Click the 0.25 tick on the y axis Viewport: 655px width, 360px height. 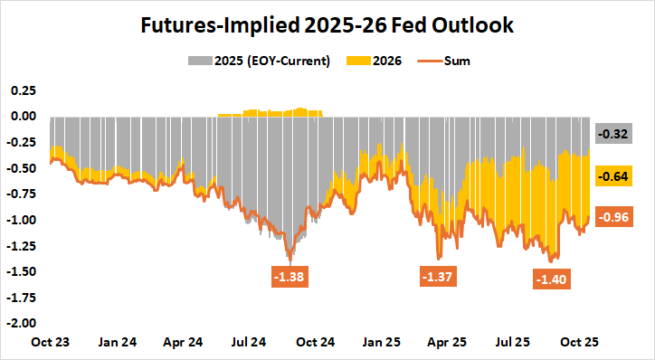coord(22,90)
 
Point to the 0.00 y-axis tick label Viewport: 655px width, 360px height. coord(22,117)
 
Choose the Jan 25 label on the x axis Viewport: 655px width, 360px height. coord(382,343)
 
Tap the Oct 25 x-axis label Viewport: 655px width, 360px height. coord(581,343)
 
